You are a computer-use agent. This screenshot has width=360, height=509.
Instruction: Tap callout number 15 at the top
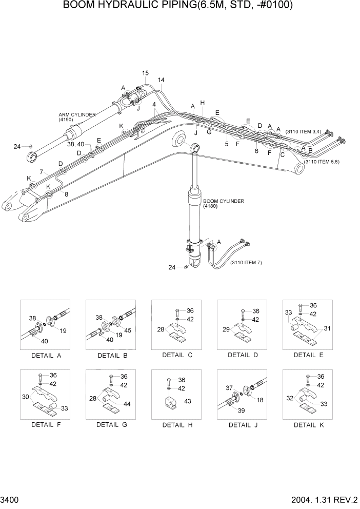(x=145, y=73)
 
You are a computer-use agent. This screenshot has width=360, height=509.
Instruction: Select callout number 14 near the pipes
(x=161, y=81)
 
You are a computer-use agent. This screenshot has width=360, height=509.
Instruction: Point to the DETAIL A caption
(x=43, y=355)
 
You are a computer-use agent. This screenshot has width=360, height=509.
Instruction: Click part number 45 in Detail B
(x=128, y=330)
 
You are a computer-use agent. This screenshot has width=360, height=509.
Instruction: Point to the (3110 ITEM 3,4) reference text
(x=303, y=132)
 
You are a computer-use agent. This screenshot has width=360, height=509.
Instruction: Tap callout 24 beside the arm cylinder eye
(x=17, y=147)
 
